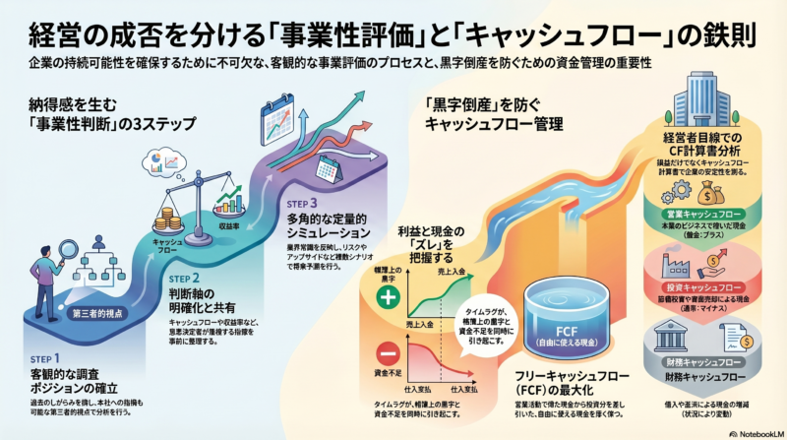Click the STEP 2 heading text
[188, 279]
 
